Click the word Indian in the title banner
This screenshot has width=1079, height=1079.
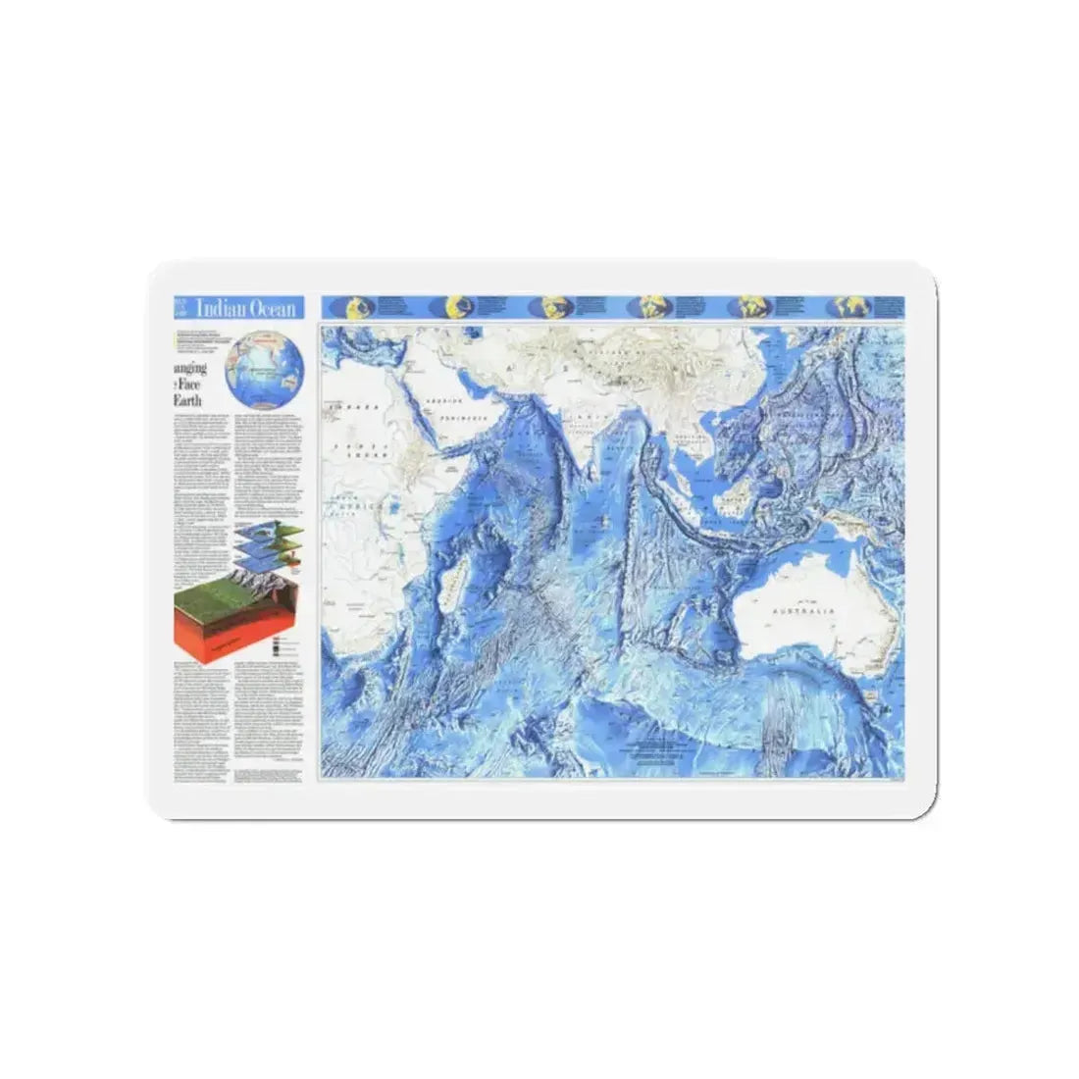(x=218, y=308)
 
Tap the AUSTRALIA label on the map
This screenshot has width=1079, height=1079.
(x=803, y=610)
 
